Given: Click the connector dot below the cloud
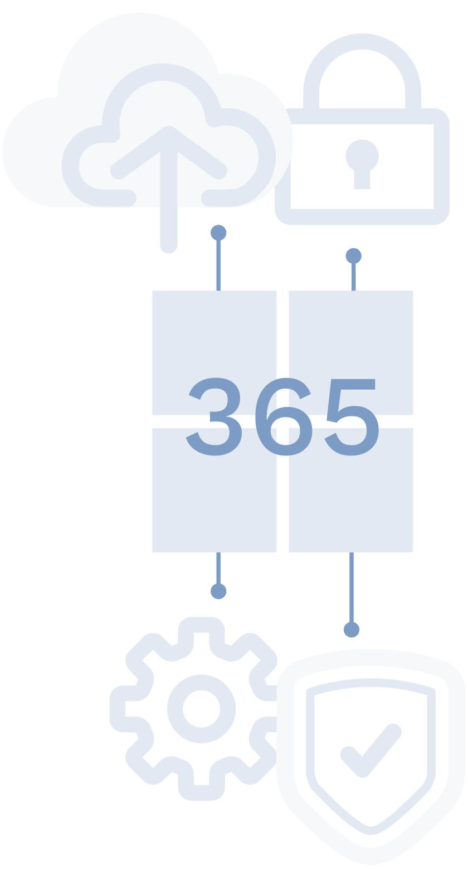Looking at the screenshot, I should [218, 232].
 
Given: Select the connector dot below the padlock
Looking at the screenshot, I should [353, 256].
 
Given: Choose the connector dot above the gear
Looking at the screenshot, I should [218, 591].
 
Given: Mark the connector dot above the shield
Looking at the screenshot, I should [352, 630].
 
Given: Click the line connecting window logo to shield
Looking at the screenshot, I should [352, 590].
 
